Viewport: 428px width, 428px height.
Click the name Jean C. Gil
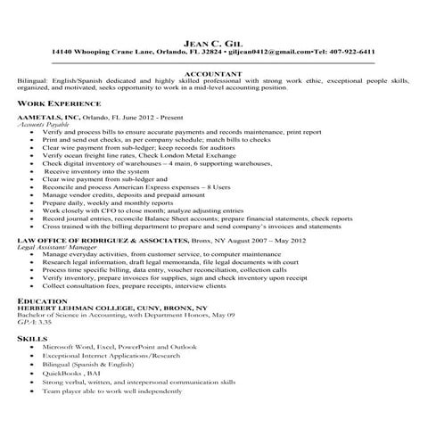point(214,41)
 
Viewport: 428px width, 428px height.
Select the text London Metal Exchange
point(239,155)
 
